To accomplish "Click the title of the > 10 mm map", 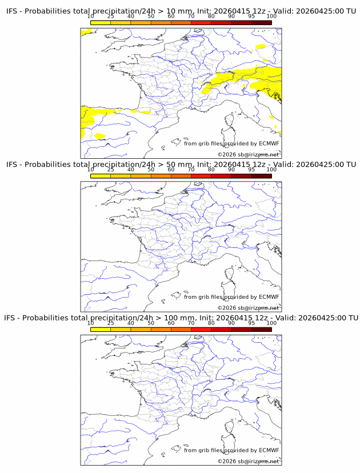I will coord(181,11).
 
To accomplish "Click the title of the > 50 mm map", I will coord(181,165).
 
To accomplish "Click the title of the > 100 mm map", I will coord(181,318).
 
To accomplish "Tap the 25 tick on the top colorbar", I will coord(111,16).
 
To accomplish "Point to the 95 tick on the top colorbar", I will coord(251,16).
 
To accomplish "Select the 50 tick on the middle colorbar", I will coord(151,169).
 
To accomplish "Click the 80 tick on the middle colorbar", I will coord(211,169).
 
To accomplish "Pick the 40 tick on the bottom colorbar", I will coord(131,323).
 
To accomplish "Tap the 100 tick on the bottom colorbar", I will coord(271,323).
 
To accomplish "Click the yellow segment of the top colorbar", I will coord(101,23).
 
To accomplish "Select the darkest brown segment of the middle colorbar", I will coord(261,176).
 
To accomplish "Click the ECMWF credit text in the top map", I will coord(231,143).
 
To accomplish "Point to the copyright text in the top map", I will coord(248,154).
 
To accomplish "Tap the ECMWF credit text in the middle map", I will coord(231,296).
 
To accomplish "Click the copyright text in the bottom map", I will coord(248,461).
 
